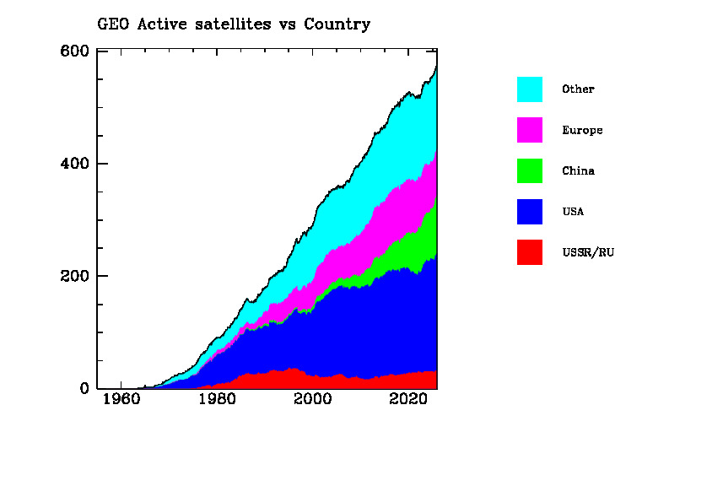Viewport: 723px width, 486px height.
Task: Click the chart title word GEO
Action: tap(112, 24)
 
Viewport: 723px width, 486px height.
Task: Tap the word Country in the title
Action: tap(337, 24)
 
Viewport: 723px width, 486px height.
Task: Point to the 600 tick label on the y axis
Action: tap(75, 51)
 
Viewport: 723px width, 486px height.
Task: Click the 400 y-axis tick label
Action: tap(75, 164)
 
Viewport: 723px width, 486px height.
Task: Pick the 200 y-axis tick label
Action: tap(75, 277)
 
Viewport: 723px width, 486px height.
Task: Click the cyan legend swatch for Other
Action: tap(530, 89)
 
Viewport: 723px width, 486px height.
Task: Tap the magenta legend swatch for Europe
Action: tap(530, 130)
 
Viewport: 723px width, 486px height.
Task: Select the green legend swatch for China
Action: tap(530, 170)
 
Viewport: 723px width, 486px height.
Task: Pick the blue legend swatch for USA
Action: tap(530, 212)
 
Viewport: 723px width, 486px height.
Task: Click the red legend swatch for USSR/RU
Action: tap(530, 252)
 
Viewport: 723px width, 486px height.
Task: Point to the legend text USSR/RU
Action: tap(588, 252)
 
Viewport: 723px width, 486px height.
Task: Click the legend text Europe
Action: tap(582, 130)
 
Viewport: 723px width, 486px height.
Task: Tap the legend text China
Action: tap(578, 170)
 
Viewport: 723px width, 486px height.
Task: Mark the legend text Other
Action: tap(578, 89)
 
